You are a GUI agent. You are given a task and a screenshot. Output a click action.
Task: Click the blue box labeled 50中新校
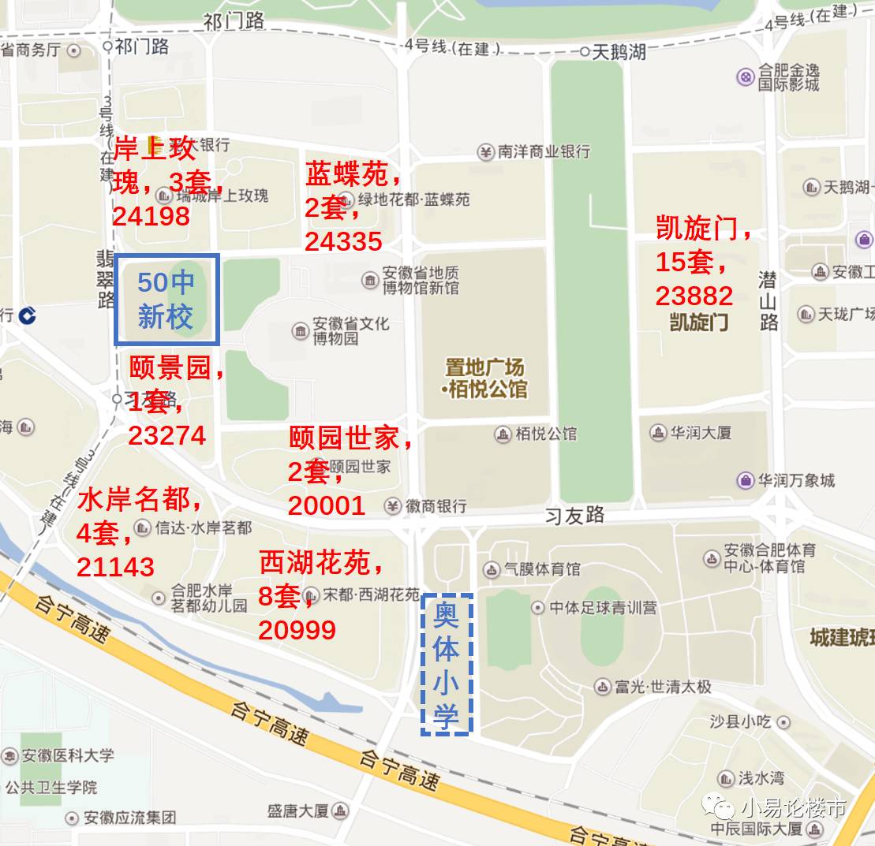(x=166, y=300)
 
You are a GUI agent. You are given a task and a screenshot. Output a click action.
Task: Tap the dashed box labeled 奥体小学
(x=447, y=665)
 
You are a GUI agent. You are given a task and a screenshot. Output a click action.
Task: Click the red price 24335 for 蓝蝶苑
(x=343, y=242)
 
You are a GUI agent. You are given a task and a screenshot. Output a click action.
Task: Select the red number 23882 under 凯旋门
(x=694, y=296)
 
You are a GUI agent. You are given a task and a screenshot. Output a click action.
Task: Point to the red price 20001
(x=327, y=505)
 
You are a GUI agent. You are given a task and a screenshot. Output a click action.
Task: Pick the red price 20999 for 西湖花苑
(x=297, y=629)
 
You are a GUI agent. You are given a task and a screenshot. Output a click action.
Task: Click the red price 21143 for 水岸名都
(x=115, y=566)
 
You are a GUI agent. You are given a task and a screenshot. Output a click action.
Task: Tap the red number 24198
(x=151, y=216)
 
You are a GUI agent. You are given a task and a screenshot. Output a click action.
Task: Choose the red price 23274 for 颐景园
(x=166, y=435)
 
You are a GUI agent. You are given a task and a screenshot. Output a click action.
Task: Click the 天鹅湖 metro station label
(x=619, y=53)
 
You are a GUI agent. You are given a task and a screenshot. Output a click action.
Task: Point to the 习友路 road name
(x=576, y=516)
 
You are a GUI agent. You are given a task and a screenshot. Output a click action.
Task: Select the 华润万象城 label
(x=796, y=480)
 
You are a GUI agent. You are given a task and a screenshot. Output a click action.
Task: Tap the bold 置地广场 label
(x=484, y=367)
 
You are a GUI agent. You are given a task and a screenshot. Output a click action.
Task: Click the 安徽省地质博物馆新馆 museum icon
(x=369, y=280)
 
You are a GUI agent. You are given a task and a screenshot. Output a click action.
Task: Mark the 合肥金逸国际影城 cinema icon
(x=746, y=76)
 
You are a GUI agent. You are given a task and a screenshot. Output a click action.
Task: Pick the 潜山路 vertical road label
(x=768, y=300)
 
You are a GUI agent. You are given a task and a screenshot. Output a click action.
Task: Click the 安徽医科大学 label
(x=67, y=755)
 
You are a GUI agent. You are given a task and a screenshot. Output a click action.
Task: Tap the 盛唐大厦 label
(x=297, y=811)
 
